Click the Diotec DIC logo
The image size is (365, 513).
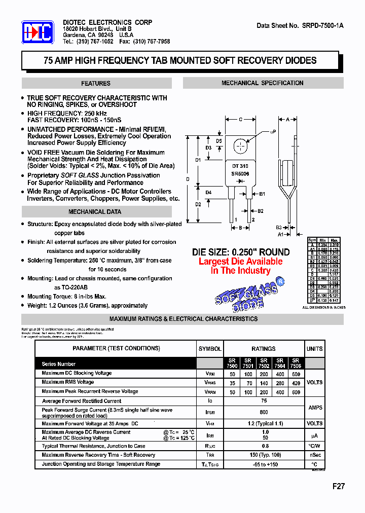[x=38, y=33]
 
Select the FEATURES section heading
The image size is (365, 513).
[x=95, y=84]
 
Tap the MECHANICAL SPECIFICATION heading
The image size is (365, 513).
[x=263, y=83]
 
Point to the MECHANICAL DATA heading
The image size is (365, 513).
[x=95, y=212]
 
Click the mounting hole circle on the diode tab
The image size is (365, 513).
[x=240, y=146]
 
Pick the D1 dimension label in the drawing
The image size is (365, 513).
[x=198, y=160]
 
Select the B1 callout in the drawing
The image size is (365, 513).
[x=262, y=194]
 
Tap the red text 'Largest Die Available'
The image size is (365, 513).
[x=240, y=262]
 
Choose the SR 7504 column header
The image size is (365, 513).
[x=280, y=363]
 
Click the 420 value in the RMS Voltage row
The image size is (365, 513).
[x=296, y=383]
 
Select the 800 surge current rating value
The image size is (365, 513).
[x=264, y=413]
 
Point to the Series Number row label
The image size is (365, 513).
[x=59, y=364]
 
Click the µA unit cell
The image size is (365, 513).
[x=314, y=435]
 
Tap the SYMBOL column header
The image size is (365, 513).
[x=209, y=349]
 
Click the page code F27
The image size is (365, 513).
[x=338, y=486]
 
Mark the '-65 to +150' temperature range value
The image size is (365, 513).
[x=264, y=464]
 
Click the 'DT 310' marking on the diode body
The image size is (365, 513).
[x=240, y=166]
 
